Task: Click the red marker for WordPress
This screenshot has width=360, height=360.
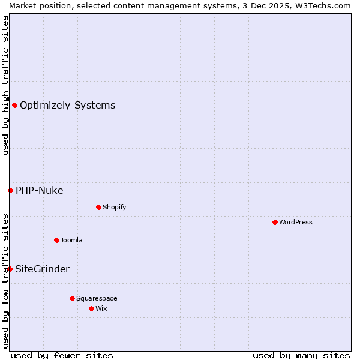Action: tap(275, 222)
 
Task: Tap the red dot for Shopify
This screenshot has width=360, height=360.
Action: tap(98, 207)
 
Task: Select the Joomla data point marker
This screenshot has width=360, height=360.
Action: tap(56, 240)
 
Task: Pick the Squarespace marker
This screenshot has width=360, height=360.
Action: tap(72, 298)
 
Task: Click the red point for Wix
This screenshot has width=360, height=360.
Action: tap(91, 308)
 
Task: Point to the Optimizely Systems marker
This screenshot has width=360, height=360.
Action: tap(14, 106)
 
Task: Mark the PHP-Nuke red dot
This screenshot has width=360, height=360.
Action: tap(10, 191)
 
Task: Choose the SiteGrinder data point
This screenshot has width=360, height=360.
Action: tap(10, 269)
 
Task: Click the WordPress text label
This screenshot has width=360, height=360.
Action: tap(296, 222)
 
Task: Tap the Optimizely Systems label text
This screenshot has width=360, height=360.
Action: tap(67, 106)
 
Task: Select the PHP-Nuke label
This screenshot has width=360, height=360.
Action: tap(39, 191)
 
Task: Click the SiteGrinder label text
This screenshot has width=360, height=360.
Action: tap(42, 269)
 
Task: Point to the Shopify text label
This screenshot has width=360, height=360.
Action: tap(114, 207)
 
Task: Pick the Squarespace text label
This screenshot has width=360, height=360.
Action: tap(97, 298)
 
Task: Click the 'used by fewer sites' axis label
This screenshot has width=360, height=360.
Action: tap(62, 355)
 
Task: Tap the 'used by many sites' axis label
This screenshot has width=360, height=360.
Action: tap(301, 355)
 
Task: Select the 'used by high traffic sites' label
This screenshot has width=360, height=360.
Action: tap(5, 85)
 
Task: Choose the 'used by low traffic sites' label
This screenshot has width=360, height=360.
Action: tap(5, 281)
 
